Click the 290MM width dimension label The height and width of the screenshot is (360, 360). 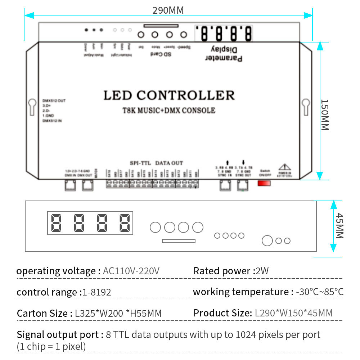coord(168,10)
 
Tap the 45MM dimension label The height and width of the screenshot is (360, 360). coord(339,226)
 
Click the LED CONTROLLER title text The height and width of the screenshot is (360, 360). coord(169,95)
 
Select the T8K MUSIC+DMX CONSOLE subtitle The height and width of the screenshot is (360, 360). coord(169,111)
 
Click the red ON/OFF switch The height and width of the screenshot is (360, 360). coord(264,183)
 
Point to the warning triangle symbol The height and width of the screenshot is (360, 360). coord(284,167)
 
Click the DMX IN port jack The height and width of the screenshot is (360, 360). coord(70,185)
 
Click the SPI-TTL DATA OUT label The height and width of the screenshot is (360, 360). coord(156,163)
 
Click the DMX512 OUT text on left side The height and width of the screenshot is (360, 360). coord(54,100)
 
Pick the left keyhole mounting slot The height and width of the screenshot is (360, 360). coord(32,107)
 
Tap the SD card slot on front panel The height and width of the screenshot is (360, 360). coord(179,241)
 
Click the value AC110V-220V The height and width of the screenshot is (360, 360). coord(131,271)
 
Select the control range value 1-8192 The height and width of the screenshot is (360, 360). coord(97,292)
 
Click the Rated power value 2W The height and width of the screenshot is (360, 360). coord(262,271)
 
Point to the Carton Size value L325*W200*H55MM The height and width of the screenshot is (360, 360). coord(118,313)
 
